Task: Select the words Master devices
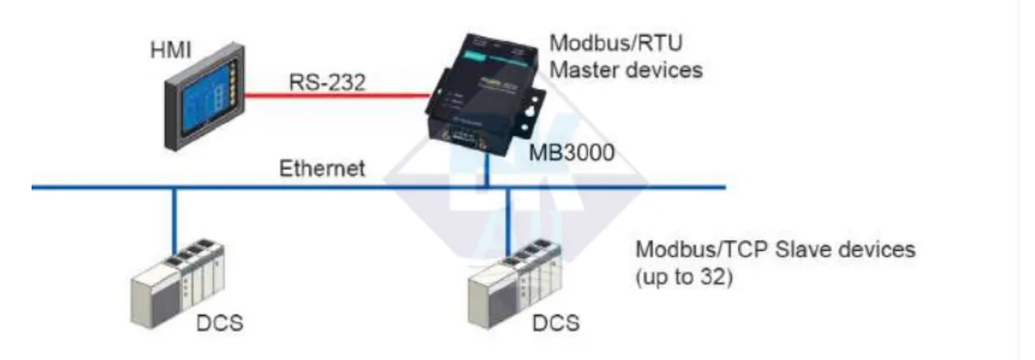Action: click(625, 70)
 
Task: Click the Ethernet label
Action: click(323, 168)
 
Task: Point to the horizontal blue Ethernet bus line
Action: click(256, 187)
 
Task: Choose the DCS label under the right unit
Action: click(555, 323)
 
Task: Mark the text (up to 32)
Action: click(684, 278)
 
